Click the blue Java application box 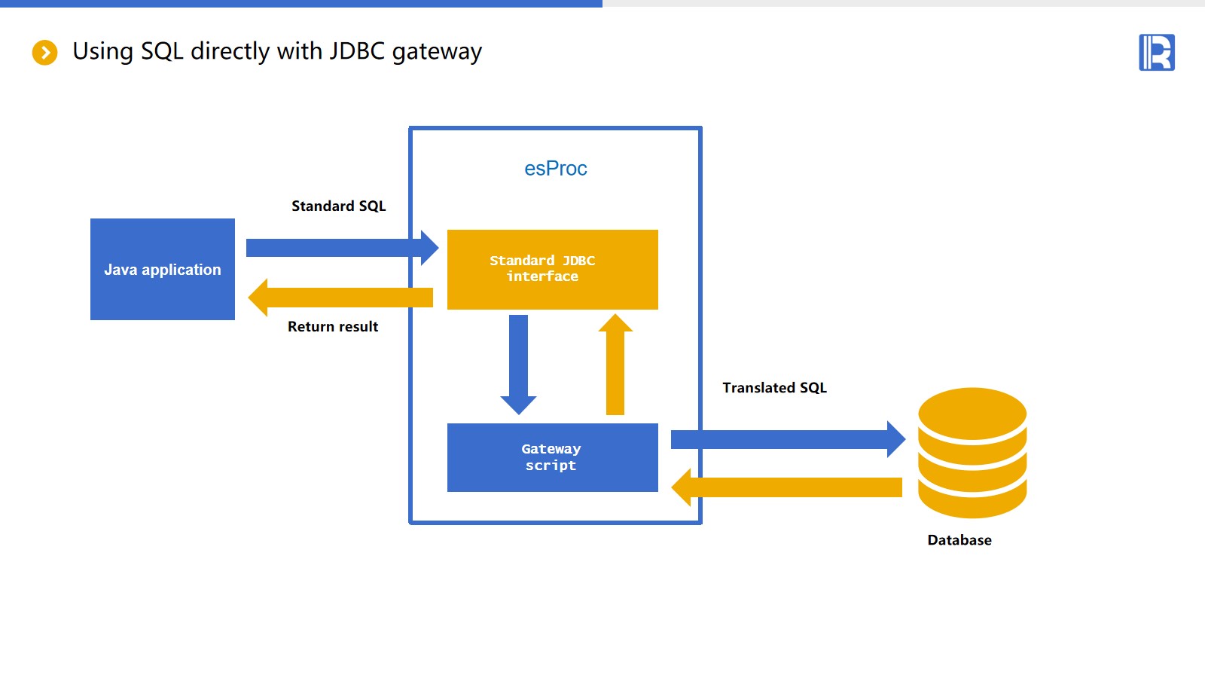click(163, 269)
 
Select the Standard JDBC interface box click(552, 269)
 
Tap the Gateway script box click(552, 457)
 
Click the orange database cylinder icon click(972, 452)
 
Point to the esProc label click(556, 169)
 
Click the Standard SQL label click(339, 206)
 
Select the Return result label click(333, 327)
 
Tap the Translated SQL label click(774, 388)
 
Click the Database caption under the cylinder click(959, 540)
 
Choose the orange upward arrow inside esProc click(615, 365)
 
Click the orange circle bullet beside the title click(45, 53)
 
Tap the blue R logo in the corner click(1157, 53)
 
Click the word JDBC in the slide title click(357, 51)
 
